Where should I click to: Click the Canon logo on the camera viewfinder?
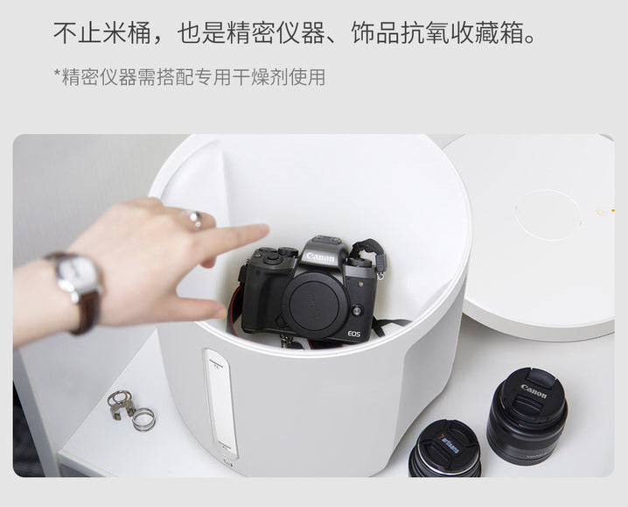(320, 257)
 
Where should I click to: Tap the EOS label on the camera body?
(353, 334)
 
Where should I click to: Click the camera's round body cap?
(316, 306)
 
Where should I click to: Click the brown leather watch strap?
(87, 312)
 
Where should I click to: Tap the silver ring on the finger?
(194, 218)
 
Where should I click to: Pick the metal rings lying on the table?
(130, 411)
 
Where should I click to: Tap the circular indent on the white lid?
(548, 215)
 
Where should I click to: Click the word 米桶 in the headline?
(128, 33)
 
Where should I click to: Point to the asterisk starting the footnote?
(57, 74)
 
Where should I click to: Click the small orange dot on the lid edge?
(612, 209)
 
